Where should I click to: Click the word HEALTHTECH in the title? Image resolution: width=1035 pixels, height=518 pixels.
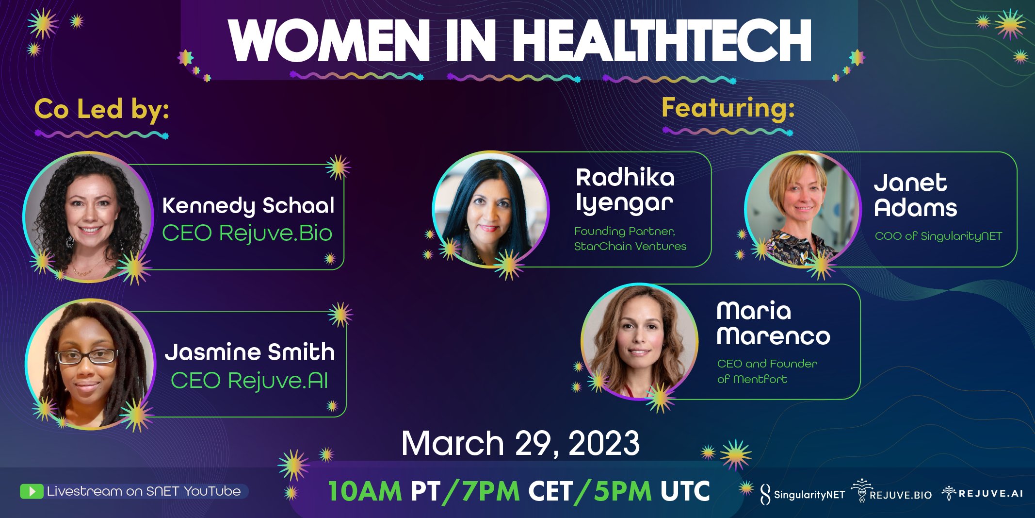662,41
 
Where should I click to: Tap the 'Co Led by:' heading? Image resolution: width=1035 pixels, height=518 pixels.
102,109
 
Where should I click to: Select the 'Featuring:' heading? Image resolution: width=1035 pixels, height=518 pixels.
728,108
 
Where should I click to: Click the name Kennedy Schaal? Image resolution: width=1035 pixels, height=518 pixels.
248,206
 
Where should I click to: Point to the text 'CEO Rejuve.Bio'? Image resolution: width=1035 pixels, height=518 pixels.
247,233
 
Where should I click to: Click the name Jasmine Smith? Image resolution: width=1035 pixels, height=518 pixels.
250,352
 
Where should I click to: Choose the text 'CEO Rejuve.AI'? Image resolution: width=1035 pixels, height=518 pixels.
249,380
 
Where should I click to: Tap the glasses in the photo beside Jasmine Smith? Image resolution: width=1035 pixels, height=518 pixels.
87,357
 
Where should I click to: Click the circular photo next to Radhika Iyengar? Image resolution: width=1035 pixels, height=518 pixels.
491,210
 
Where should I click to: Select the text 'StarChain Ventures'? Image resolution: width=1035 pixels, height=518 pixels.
630,247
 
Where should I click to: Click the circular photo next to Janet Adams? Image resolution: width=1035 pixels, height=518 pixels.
803,210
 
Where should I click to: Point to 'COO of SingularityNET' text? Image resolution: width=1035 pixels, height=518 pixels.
938,236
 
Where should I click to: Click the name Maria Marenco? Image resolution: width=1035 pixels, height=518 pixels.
773,323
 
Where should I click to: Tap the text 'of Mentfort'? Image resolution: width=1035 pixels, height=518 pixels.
752,379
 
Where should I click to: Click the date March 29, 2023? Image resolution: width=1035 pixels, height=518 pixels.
520,443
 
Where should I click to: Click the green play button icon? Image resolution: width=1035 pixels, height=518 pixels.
32,491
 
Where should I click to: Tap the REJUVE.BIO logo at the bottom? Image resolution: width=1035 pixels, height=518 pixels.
892,491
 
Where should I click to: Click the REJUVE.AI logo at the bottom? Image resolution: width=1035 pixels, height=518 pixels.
982,493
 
